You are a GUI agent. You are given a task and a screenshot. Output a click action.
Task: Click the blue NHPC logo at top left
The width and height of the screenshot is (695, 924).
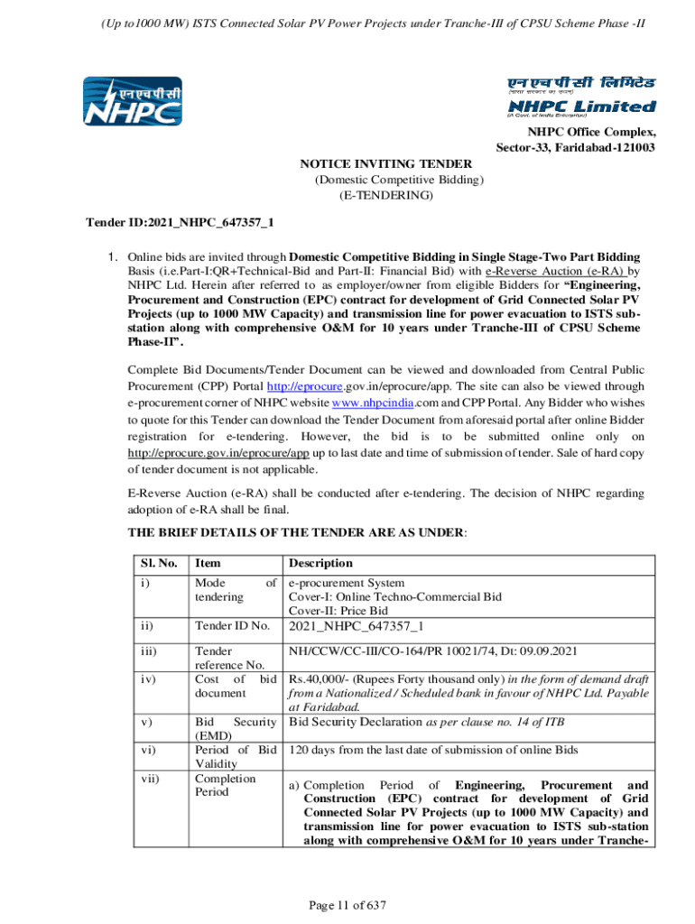coord(133,101)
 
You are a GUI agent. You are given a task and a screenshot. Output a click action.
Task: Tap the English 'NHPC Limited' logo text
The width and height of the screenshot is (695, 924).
coord(580,106)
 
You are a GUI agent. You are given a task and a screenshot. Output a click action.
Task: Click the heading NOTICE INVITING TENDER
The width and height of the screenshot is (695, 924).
coord(385,163)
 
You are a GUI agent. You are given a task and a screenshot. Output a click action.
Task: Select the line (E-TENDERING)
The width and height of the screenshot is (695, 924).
coord(385,195)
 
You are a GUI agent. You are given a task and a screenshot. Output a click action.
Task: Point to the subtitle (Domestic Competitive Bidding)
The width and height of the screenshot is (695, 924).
coord(399,180)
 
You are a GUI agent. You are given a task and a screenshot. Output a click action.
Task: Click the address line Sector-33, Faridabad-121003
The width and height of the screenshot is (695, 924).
coord(575,148)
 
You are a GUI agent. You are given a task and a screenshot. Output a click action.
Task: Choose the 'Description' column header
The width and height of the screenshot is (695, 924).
coord(320,563)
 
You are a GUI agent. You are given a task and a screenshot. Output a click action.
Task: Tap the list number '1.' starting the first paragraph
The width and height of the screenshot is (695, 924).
coord(114,255)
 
